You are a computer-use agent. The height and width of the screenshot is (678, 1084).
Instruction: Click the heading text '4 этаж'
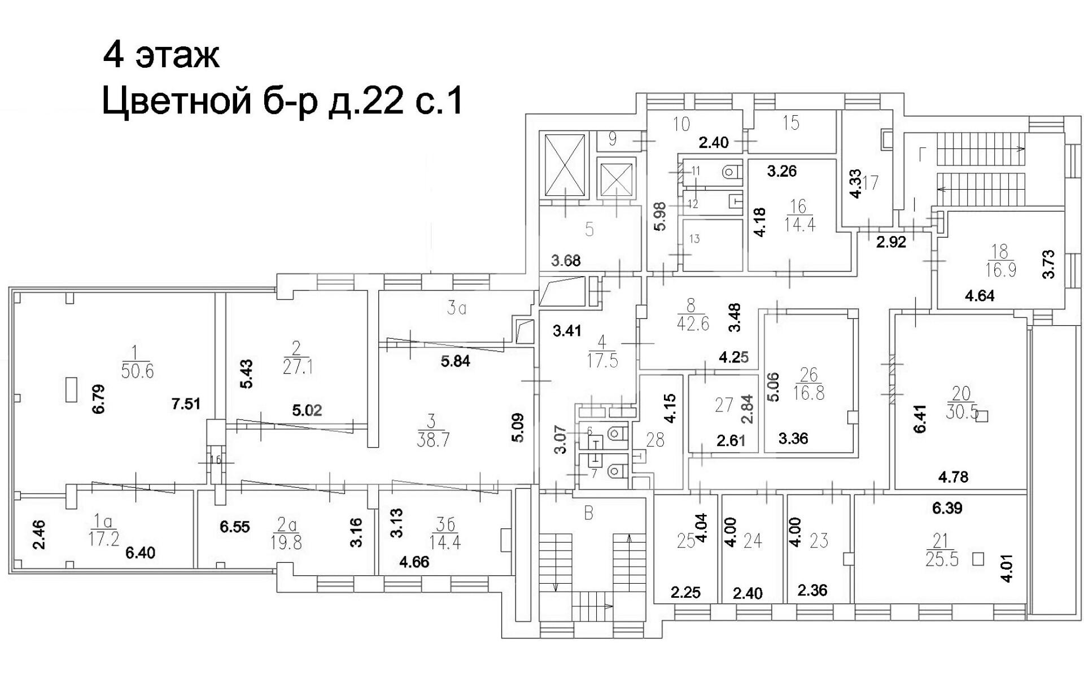[161, 55]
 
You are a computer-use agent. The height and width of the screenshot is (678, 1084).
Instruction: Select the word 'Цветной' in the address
[176, 102]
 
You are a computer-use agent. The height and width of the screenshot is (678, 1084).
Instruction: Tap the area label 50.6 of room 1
[137, 371]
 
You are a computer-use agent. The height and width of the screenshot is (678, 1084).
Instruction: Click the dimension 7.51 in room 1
[186, 404]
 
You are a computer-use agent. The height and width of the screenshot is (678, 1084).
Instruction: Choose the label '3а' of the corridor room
[456, 309]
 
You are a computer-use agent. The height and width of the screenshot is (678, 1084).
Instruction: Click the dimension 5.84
[455, 361]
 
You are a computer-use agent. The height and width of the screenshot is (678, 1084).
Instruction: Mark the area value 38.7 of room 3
[433, 440]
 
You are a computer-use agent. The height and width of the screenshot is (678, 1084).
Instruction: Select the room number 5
[589, 230]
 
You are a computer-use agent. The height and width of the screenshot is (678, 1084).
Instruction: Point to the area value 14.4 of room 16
[799, 225]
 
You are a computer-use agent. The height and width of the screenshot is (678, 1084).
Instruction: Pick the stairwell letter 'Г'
[923, 154]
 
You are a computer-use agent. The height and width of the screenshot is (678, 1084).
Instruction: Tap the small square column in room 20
[982, 417]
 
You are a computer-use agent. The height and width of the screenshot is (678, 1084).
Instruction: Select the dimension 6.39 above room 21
[947, 508]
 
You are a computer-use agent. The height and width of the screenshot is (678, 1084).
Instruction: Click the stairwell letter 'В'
[589, 514]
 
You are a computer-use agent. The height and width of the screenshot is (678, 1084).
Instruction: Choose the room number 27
[724, 405]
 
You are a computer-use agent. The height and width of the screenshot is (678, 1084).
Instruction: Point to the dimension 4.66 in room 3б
[414, 562]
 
